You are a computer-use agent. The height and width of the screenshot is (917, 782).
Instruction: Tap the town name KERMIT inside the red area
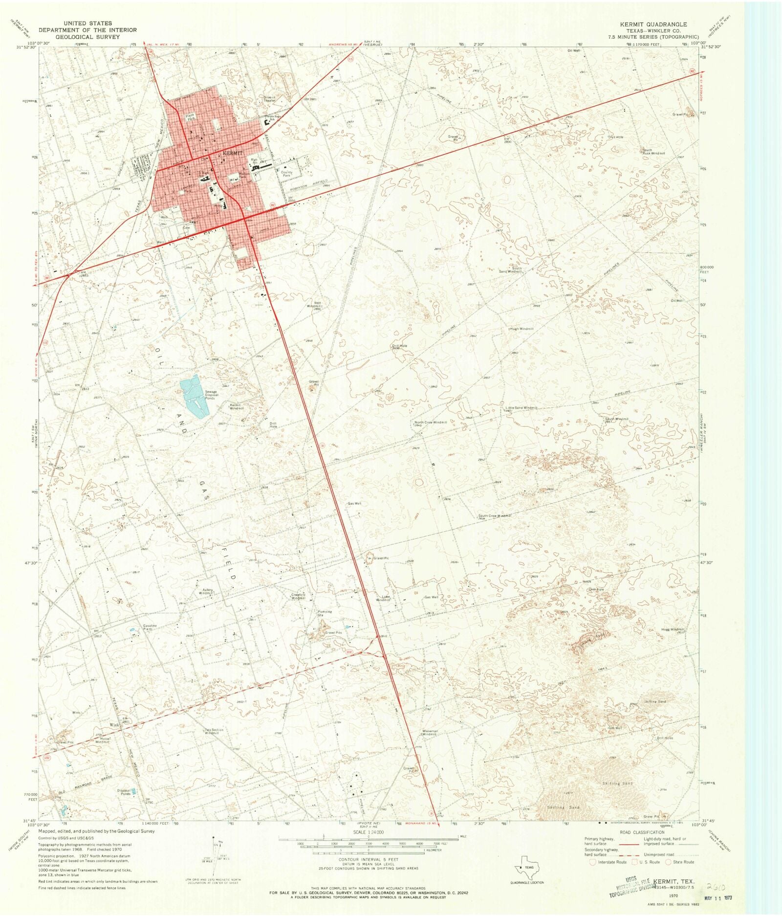[x=232, y=153]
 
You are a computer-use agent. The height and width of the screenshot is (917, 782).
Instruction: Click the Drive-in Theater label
[x=270, y=99]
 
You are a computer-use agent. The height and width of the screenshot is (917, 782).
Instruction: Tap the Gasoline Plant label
[x=150, y=627]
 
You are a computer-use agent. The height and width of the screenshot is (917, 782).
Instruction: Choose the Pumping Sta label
[x=325, y=613]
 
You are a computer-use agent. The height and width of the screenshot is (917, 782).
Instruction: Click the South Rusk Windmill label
[x=653, y=152]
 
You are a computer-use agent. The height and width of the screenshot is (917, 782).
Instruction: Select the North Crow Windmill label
[x=431, y=422]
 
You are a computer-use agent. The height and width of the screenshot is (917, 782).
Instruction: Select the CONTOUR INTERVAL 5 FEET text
[x=369, y=859]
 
